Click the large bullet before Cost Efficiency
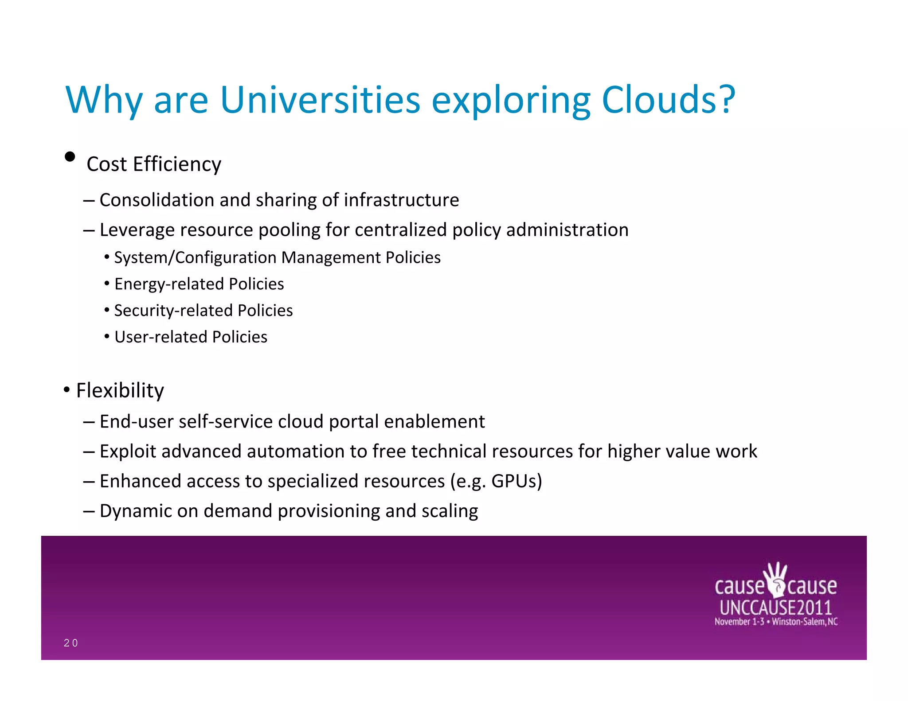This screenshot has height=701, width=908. [x=70, y=156]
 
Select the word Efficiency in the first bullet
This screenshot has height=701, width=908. [x=177, y=164]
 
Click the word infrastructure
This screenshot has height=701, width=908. [x=401, y=200]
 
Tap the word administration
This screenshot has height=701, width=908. [x=567, y=230]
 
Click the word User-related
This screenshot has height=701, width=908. [x=160, y=337]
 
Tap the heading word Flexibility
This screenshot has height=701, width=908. [x=120, y=390]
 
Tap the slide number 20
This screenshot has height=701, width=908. [x=70, y=643]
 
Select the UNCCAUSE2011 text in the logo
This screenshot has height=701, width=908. [x=775, y=607]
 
